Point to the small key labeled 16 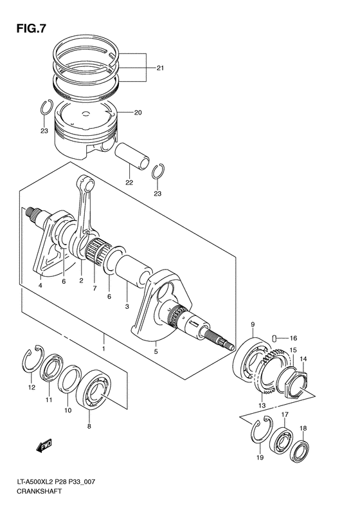click(x=274, y=337)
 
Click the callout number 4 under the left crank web click(x=40, y=285)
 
